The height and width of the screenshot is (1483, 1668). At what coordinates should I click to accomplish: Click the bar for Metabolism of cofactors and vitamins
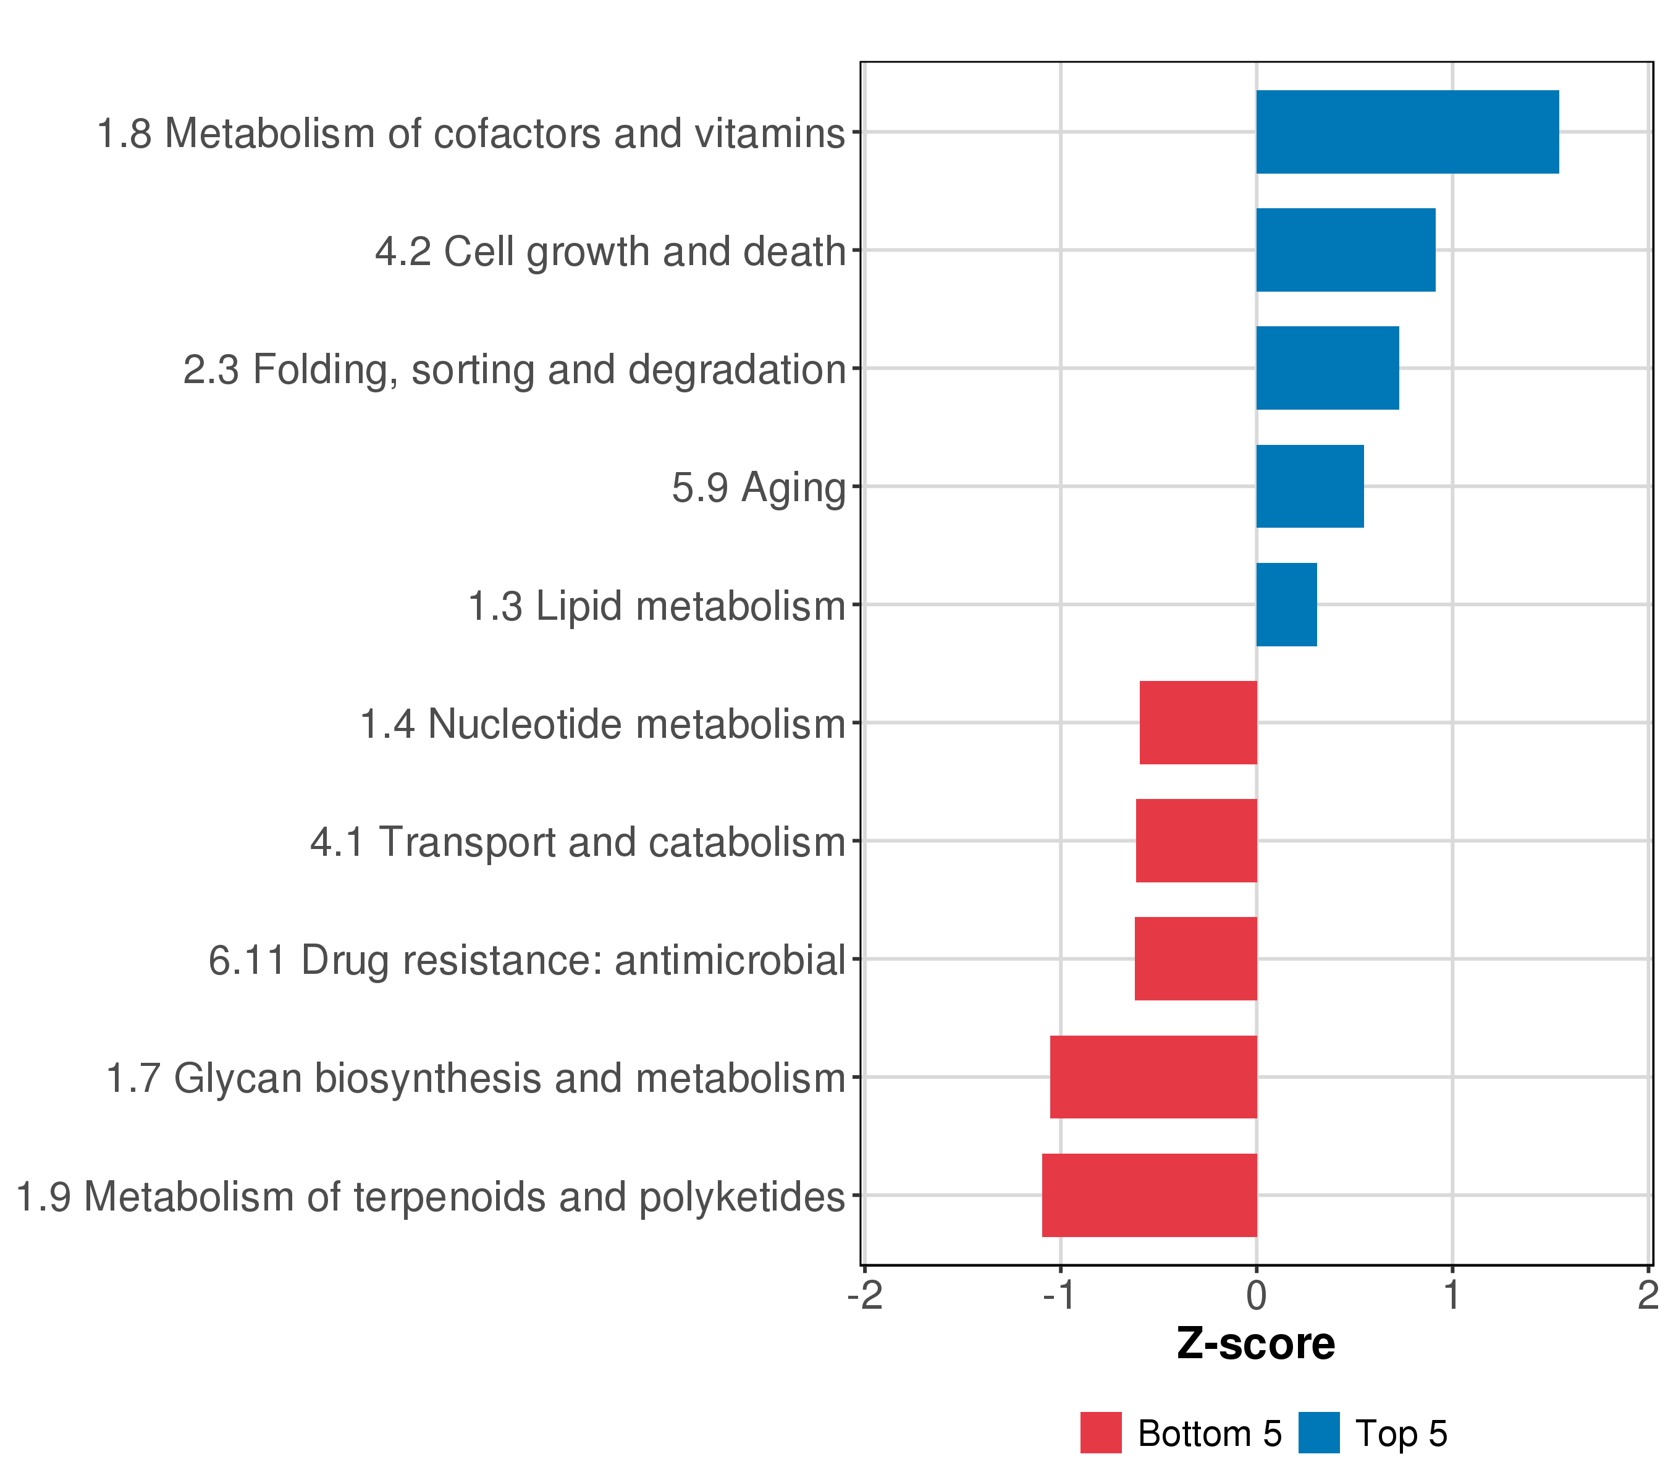pyautogui.click(x=1408, y=132)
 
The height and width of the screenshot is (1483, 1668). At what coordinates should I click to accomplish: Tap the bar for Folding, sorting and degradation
pyautogui.click(x=1328, y=368)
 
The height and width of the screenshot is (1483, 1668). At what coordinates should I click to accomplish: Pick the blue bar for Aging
pyautogui.click(x=1310, y=486)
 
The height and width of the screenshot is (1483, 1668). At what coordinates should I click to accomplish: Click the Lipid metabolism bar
pyautogui.click(x=1287, y=605)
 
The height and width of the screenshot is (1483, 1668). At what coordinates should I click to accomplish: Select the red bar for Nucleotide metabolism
pyautogui.click(x=1198, y=722)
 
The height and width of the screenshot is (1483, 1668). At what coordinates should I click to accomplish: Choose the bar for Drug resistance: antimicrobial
pyautogui.click(x=1196, y=959)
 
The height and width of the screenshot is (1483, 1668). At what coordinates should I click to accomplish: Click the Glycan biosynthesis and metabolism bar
pyautogui.click(x=1154, y=1078)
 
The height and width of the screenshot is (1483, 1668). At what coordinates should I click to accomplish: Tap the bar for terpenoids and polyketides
pyautogui.click(x=1150, y=1195)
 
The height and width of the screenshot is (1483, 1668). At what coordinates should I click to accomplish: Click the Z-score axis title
pyautogui.click(x=1256, y=1343)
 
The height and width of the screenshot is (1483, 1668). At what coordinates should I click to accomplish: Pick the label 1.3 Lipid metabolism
pyautogui.click(x=657, y=606)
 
